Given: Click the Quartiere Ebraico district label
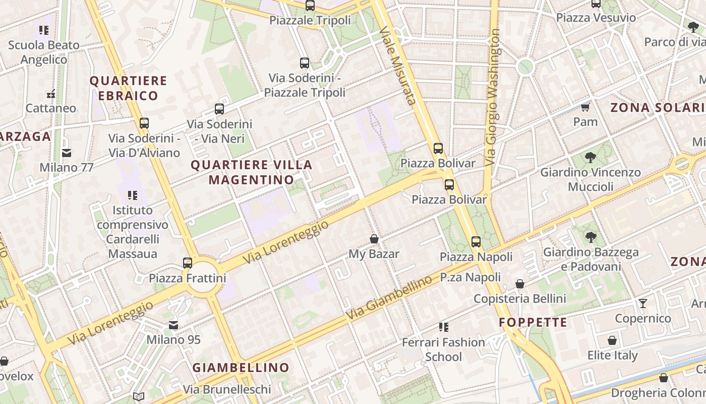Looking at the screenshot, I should [128, 88].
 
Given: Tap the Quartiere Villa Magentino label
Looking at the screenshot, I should [251, 172].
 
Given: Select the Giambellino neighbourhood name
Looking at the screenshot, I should [241, 368].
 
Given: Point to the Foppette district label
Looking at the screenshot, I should [533, 322].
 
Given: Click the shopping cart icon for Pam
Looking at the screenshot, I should [585, 107].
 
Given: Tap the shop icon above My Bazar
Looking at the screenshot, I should [374, 239].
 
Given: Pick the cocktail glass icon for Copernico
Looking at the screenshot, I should [643, 304].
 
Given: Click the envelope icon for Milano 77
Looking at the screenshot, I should [67, 153].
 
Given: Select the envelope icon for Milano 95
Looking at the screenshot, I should [173, 325].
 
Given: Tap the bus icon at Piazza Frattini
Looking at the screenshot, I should [188, 263].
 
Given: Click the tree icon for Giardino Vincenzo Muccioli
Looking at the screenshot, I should [591, 158].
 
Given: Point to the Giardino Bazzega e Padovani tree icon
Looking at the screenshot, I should [591, 237].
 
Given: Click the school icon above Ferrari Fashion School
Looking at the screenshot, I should [443, 327].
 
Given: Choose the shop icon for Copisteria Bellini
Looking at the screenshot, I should [520, 284].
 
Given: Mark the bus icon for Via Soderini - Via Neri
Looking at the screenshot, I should [219, 109].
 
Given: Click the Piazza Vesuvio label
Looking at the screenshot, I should [596, 18].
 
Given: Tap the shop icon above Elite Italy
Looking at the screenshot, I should [612, 341].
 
